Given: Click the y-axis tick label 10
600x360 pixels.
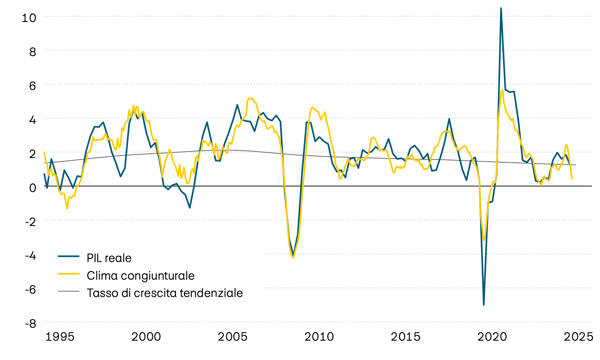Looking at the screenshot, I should click(x=29, y=18).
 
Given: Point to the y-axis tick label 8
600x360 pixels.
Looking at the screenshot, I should click(x=32, y=52).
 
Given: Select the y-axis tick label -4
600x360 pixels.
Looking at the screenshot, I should click(x=31, y=255).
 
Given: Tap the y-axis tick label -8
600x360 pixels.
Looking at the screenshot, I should click(x=31, y=323).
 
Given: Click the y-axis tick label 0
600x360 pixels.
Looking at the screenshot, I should click(x=32, y=188).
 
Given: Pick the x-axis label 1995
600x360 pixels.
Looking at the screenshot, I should click(x=60, y=337).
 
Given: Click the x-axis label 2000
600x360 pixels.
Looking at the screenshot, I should click(x=146, y=337).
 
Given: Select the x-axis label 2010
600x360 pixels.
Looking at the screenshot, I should click(x=319, y=337).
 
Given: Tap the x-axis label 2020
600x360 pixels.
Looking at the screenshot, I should click(x=492, y=337).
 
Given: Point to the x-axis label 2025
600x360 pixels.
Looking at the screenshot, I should click(x=578, y=337).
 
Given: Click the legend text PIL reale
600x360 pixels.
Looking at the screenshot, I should click(x=109, y=258).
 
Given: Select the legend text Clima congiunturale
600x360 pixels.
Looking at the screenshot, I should click(x=140, y=276).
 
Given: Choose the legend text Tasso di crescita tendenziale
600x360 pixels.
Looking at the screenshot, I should click(x=165, y=293).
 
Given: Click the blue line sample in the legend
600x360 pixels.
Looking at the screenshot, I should click(x=69, y=256).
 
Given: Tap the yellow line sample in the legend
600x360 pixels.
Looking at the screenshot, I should click(x=69, y=274).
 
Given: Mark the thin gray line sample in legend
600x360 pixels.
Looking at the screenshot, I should click(x=69, y=291).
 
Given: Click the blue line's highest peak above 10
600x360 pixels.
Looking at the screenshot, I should click(x=501, y=8).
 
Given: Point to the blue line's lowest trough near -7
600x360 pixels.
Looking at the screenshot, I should click(x=484, y=305).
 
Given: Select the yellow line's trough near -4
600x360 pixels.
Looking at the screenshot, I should click(x=293, y=258).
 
